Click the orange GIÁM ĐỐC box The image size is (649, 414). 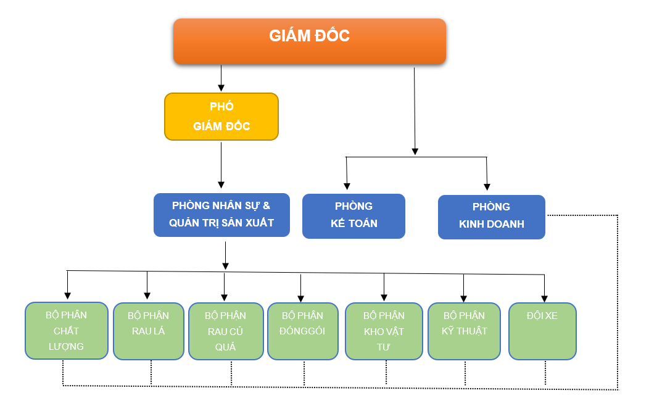[x=310, y=41]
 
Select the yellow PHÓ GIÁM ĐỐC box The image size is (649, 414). [x=221, y=117]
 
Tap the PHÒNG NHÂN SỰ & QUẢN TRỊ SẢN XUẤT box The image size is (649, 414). [x=221, y=215]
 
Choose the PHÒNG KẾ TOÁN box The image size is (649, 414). [x=353, y=216]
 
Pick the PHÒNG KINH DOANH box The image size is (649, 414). [x=491, y=217]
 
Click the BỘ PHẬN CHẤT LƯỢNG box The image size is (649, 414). [x=67, y=331]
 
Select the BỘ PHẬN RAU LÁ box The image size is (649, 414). [x=149, y=331]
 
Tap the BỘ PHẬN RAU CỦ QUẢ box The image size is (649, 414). [x=226, y=331]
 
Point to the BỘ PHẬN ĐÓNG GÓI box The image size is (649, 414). [x=303, y=331]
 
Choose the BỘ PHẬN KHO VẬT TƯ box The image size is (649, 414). [x=384, y=331]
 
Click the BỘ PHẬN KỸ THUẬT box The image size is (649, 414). [x=464, y=331]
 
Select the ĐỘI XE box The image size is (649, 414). [x=542, y=331]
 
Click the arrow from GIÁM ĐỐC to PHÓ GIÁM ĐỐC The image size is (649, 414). [x=221, y=78]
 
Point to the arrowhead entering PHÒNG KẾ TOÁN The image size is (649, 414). [x=347, y=186]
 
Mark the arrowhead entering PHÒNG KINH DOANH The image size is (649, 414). [x=487, y=187]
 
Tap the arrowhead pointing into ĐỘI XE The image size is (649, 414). [x=544, y=299]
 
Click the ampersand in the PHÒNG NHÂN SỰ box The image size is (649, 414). [x=266, y=205]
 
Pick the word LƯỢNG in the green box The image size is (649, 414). [x=66, y=347]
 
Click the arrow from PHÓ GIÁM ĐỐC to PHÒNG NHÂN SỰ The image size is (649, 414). [x=221, y=165]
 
